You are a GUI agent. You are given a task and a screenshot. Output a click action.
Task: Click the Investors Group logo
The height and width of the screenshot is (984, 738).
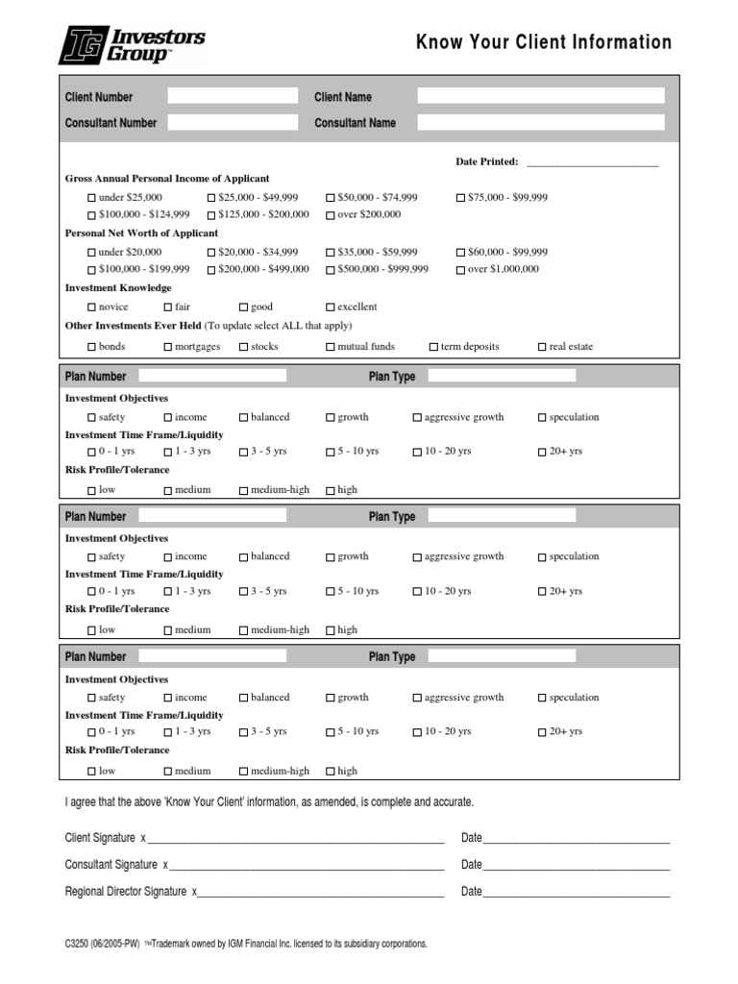[x=132, y=45]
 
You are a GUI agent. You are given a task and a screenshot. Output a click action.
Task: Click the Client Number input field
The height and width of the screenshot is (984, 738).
[x=233, y=96]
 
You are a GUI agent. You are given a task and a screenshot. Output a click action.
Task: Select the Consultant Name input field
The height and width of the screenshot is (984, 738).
[x=540, y=122]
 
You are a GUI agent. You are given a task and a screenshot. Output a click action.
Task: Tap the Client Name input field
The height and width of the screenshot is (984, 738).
[x=540, y=96]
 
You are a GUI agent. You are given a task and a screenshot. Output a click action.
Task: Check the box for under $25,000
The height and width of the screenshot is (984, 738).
[x=92, y=198]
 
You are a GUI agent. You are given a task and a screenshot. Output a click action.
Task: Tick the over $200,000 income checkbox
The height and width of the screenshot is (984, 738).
[x=331, y=215]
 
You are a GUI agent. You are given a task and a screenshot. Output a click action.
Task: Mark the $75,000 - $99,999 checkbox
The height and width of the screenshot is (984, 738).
[x=460, y=198]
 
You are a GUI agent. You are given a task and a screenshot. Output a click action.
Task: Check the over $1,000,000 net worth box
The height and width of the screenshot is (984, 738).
[x=460, y=270]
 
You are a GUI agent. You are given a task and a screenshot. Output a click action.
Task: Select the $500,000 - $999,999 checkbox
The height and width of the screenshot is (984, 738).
[x=331, y=270]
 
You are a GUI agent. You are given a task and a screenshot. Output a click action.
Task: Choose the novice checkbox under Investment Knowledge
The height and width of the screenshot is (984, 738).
[x=92, y=307]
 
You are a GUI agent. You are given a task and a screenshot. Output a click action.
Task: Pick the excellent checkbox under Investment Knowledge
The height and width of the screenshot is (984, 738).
[x=331, y=307]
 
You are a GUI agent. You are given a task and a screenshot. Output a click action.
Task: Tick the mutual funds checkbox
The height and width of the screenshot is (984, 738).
[x=331, y=347]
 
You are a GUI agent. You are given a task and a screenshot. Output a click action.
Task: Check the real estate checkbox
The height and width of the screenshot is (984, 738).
[x=542, y=347]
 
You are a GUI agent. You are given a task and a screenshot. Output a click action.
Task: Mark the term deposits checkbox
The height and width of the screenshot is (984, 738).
[x=433, y=347]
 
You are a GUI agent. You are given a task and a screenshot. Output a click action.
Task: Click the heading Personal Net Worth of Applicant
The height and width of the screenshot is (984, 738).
[x=141, y=233]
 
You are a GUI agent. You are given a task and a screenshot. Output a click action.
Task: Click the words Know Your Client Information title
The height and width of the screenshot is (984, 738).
[x=544, y=42]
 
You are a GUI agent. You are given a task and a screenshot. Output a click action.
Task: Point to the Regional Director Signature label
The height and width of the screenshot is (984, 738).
[x=125, y=892]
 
